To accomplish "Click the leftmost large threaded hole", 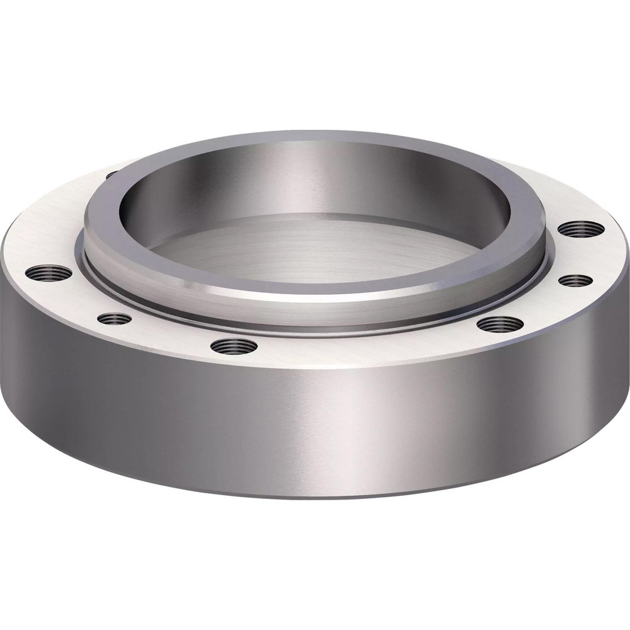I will pyautogui.click(x=49, y=273).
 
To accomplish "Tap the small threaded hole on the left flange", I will pyautogui.click(x=115, y=319).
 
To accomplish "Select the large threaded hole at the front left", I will pyautogui.click(x=234, y=345).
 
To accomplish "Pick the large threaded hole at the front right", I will pyautogui.click(x=500, y=324).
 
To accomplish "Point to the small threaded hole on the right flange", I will pyautogui.click(x=576, y=280).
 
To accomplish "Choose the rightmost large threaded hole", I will pyautogui.click(x=581, y=229).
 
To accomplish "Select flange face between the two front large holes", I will pyautogui.click(x=365, y=346).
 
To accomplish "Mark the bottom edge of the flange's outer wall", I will pyautogui.click(x=315, y=497).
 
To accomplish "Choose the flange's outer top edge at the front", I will pyautogui.click(x=315, y=369).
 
